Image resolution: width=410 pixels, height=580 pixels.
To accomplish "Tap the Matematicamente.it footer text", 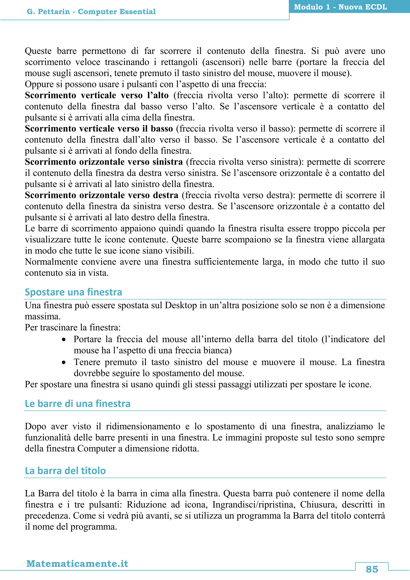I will coord(77,563).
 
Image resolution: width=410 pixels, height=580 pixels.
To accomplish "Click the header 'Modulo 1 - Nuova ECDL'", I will coord(340,7).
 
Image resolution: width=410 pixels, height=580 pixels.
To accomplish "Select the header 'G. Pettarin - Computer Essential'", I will coord(91,12).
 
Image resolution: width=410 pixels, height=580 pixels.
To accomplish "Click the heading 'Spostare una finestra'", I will coord(73,292).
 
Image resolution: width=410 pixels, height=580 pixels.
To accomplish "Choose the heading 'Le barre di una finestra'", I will coord(77,404).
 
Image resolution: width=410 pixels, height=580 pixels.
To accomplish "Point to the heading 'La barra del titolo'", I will coord(65,471).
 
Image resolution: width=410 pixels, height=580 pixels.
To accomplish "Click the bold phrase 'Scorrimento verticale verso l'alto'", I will coord(96,95).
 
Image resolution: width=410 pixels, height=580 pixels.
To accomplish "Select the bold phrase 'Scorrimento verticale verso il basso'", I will coord(99,129).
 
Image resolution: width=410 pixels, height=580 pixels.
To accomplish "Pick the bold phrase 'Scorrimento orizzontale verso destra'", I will coord(101,195).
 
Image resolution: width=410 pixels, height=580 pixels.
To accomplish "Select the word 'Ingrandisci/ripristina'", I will coord(253,505).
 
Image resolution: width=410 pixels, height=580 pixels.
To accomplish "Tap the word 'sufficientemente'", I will coord(226,262).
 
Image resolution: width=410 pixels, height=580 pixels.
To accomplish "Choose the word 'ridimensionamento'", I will coord(143,426).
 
